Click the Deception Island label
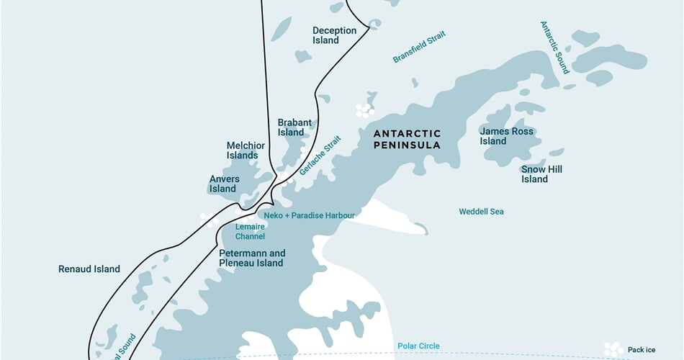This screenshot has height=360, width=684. (x=334, y=35)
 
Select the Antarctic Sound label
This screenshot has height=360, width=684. (x=555, y=47)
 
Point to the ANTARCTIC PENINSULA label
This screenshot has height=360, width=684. (x=407, y=139)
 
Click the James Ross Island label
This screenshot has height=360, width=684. (x=506, y=136)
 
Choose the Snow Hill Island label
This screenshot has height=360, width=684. (x=541, y=174)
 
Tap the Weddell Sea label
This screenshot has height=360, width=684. (x=481, y=212)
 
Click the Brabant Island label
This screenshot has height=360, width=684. (x=294, y=127)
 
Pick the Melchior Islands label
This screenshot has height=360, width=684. (x=246, y=150)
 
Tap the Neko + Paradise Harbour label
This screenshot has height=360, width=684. (x=308, y=215)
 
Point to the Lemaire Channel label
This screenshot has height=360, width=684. (x=250, y=231)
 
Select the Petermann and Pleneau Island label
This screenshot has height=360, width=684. (x=252, y=258)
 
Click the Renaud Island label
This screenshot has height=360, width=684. (x=89, y=269)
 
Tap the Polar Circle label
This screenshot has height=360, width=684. (x=418, y=346)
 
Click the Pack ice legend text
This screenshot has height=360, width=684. (x=642, y=350)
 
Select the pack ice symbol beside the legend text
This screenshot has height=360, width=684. (x=613, y=348)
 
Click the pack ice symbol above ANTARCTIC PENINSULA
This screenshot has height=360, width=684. (x=364, y=110)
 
